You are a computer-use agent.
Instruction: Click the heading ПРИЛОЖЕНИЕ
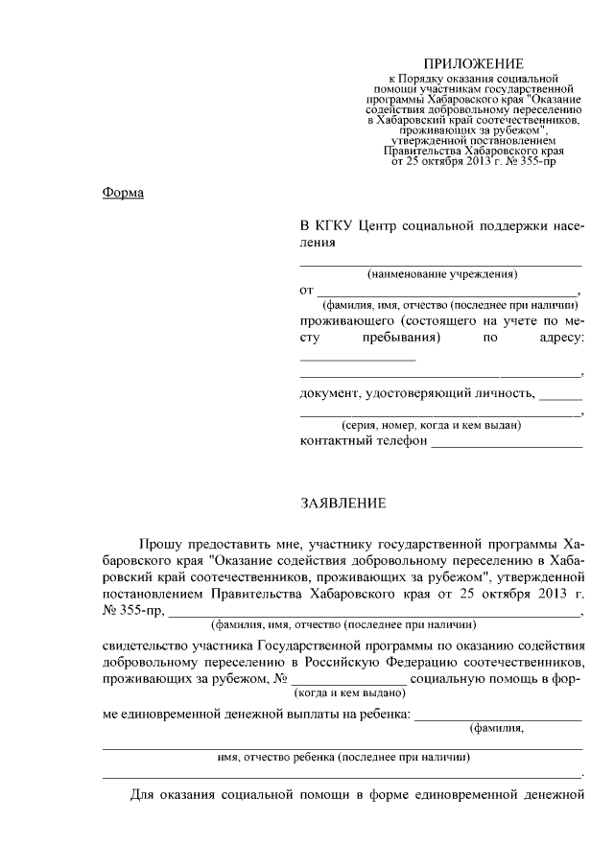click(460, 63)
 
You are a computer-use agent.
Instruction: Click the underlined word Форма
click(123, 194)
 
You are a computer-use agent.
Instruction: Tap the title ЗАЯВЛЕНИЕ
click(345, 503)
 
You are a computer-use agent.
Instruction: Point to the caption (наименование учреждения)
click(441, 274)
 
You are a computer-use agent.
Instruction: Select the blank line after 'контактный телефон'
click(507, 445)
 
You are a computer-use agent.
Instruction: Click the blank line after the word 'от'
click(447, 292)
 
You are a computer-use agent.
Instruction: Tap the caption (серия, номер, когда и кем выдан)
click(432, 425)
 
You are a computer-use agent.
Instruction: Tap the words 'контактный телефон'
click(362, 441)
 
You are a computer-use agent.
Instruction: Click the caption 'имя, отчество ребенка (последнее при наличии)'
click(343, 757)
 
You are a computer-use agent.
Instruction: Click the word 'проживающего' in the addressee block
click(346, 319)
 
